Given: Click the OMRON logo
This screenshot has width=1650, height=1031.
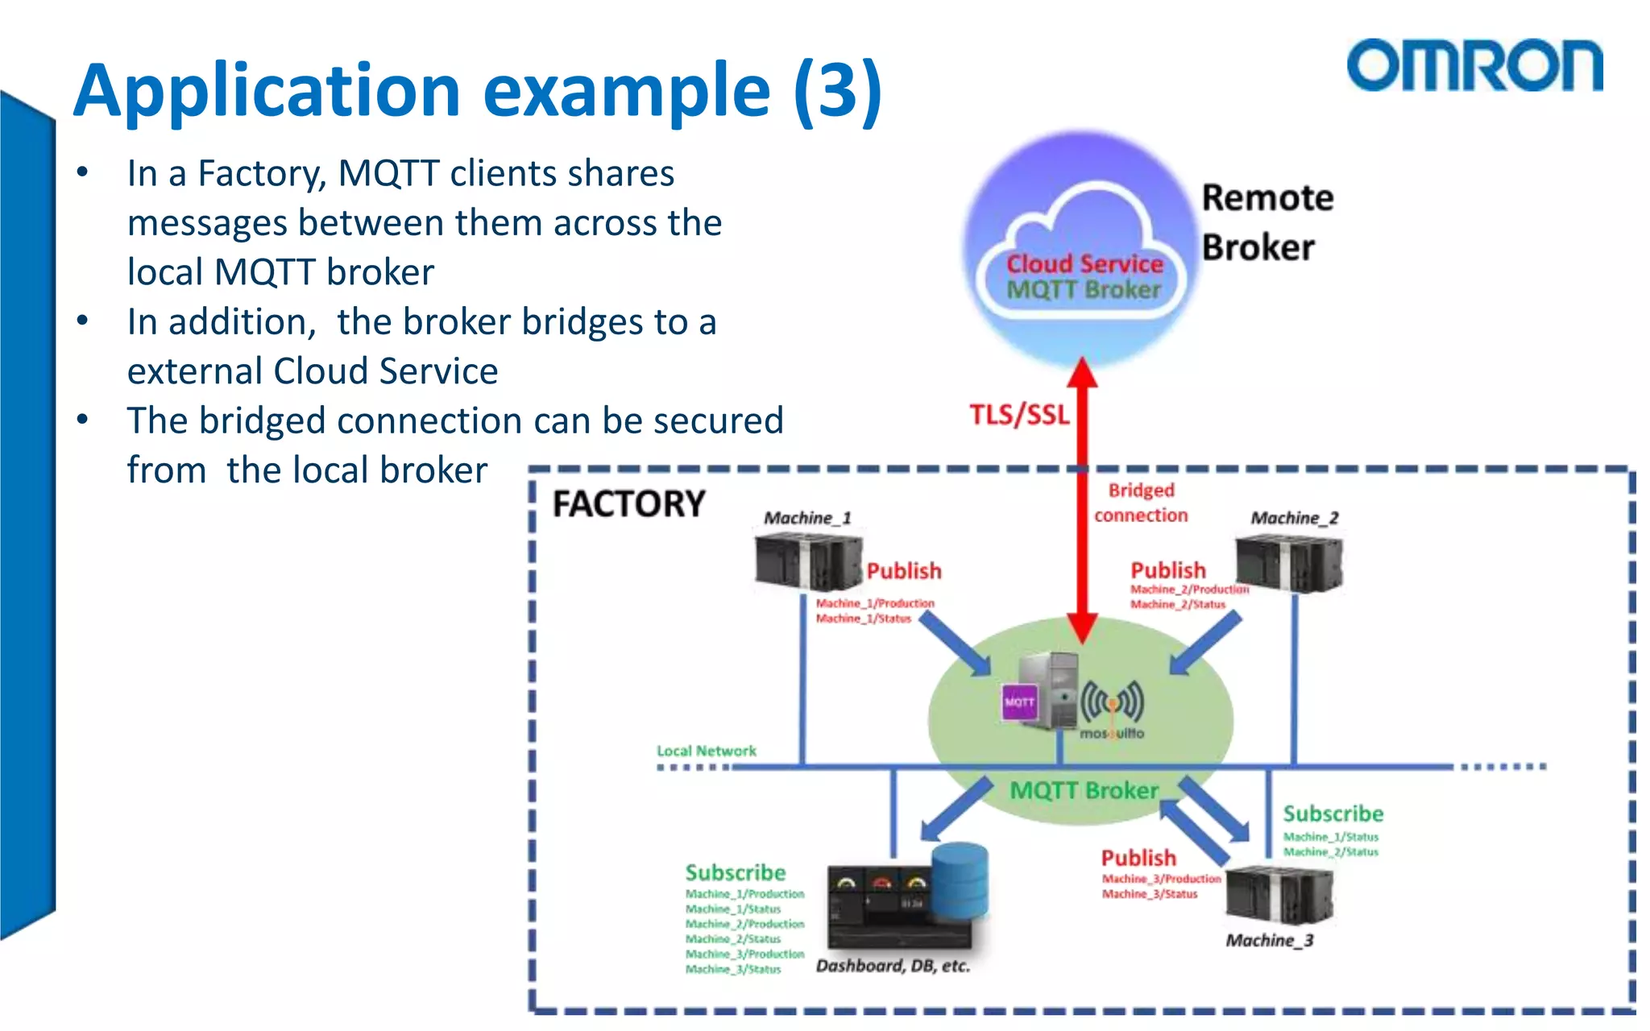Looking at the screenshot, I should point(1474,65).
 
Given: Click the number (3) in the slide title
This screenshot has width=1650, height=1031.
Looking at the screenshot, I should point(838,90).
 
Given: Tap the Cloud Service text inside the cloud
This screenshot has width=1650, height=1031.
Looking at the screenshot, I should point(1084,263).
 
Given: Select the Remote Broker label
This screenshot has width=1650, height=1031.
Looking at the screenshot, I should point(1267,222).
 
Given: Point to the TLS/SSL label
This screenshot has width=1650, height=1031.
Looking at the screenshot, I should point(1019,415).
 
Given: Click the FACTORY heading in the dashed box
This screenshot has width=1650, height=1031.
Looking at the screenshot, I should point(628,504).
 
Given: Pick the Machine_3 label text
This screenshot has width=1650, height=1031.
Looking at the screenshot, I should point(1269,940).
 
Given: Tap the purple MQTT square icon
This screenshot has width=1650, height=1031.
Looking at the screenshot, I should point(1019,702).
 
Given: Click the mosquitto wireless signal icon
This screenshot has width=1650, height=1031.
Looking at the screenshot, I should point(1112,701).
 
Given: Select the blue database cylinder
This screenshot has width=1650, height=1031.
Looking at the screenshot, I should point(960,880).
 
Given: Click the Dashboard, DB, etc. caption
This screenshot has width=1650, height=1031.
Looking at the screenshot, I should point(893,966).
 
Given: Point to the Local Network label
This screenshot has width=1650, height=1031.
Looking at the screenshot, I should point(707,751).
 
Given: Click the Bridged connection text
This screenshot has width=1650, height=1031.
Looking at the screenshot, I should point(1141,503).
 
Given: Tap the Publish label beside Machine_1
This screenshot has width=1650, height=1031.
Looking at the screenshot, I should point(904,571).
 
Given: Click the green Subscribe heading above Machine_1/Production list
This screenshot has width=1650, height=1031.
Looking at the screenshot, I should point(735,872).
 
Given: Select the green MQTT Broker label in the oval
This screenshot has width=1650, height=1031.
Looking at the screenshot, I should point(1084,790).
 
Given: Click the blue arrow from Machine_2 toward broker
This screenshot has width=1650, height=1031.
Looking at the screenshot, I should point(1205,644).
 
